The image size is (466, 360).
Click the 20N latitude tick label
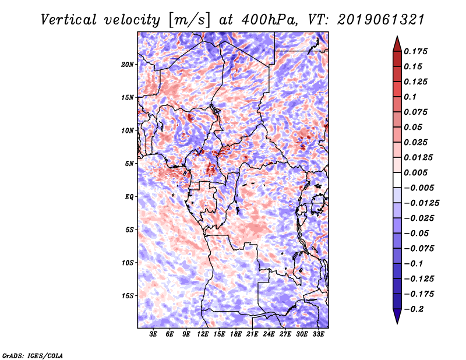[x=128, y=64]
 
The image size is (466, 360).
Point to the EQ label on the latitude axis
[x=129, y=196]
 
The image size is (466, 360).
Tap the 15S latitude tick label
[x=128, y=295]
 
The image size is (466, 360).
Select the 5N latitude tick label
[x=129, y=163]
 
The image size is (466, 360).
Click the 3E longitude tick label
[x=154, y=334]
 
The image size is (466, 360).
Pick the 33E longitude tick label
[x=318, y=334]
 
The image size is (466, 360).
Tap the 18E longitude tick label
[x=236, y=334]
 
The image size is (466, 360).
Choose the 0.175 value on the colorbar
[x=416, y=51]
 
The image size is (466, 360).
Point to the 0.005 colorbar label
[x=416, y=173]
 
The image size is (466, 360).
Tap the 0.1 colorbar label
[x=411, y=97]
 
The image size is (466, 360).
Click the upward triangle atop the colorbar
[x=397, y=43]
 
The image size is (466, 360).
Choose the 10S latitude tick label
[x=128, y=262]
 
